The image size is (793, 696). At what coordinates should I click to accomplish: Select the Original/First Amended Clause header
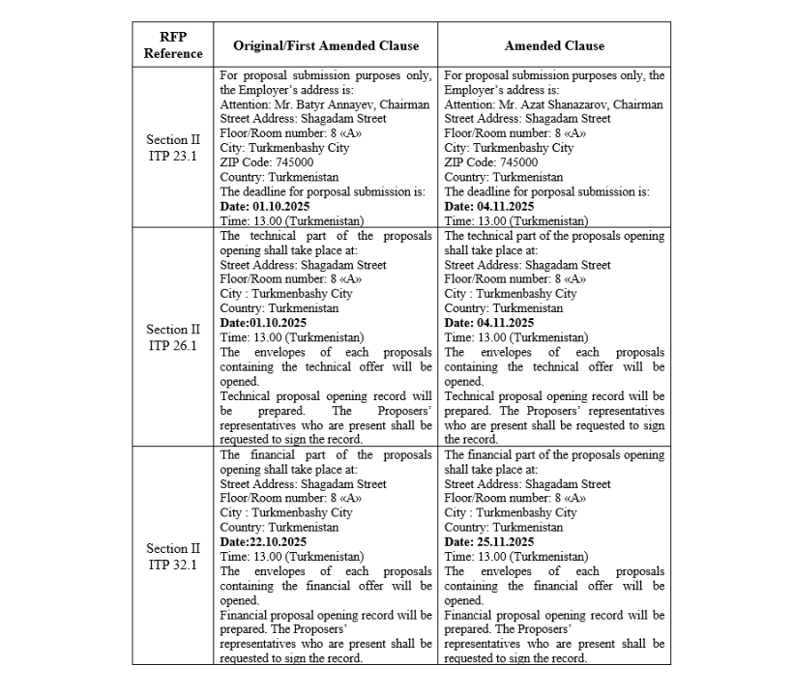(326, 45)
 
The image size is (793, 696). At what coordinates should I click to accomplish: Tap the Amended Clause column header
(554, 45)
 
